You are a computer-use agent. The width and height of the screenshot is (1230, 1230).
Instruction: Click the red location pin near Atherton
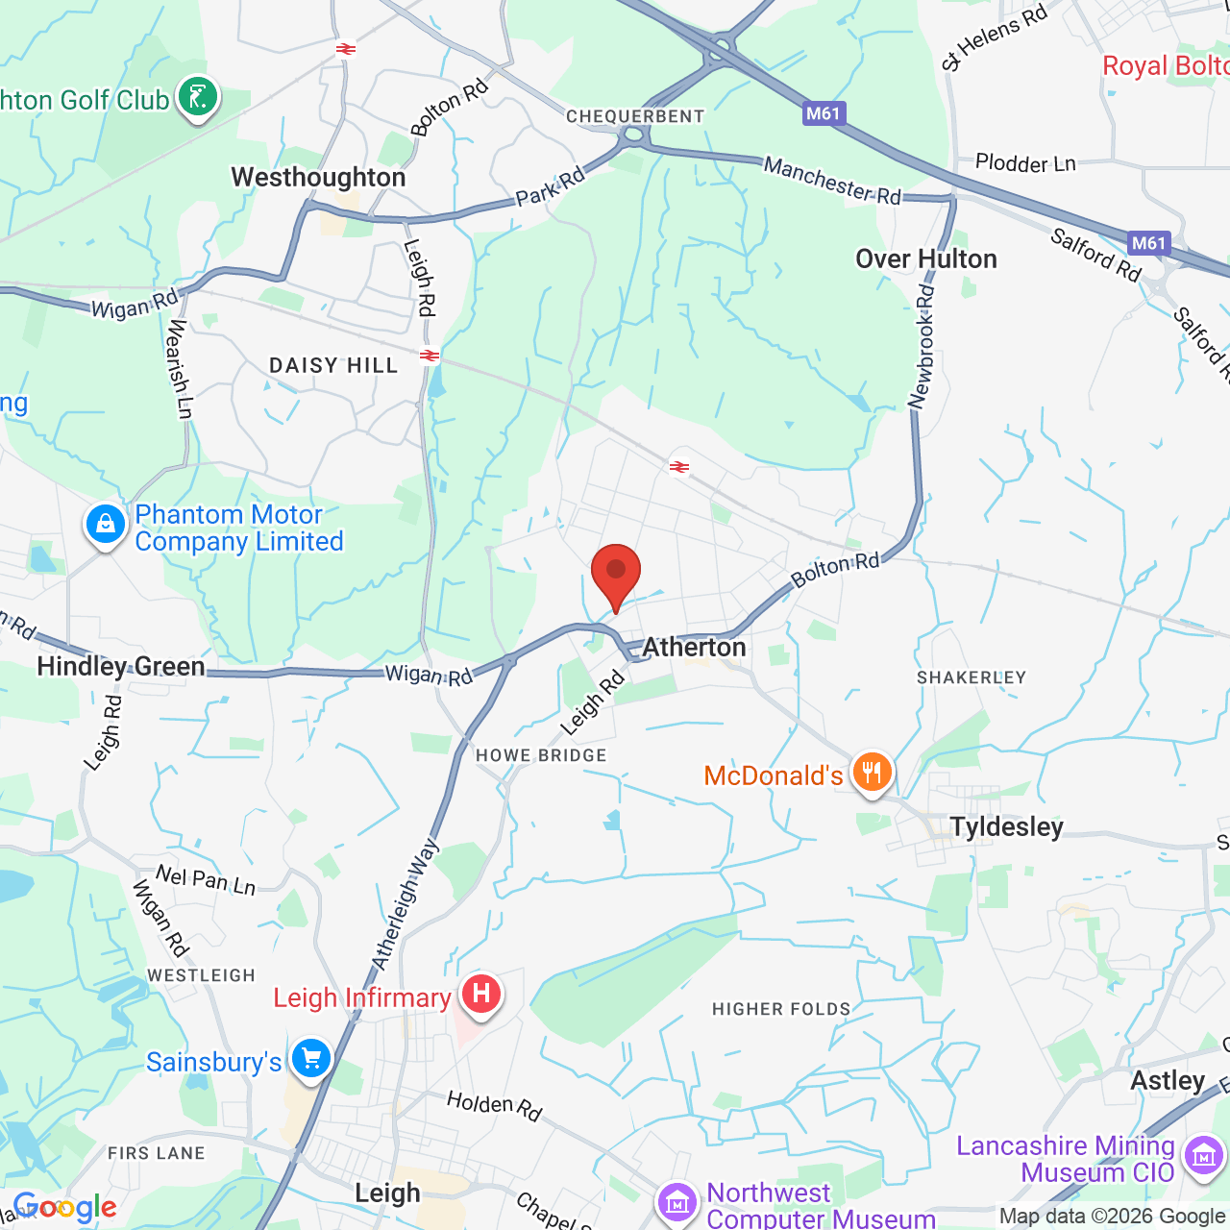(x=616, y=573)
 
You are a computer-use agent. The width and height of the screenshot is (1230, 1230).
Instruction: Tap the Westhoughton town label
(x=318, y=178)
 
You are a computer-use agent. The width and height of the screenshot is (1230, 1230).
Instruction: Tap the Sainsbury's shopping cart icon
(x=310, y=1060)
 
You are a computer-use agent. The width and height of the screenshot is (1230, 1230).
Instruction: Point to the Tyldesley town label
(x=1006, y=827)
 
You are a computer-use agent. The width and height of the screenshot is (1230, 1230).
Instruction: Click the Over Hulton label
(x=926, y=259)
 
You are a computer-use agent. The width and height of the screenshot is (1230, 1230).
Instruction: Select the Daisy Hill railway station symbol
(x=430, y=356)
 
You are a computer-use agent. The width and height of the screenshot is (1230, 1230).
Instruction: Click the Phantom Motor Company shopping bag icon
(x=106, y=525)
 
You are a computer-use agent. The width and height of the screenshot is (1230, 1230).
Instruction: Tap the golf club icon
(x=198, y=98)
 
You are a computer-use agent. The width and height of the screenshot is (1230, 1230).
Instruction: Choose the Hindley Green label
(x=121, y=667)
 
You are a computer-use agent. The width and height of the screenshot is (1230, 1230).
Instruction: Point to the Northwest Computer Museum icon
(x=677, y=1202)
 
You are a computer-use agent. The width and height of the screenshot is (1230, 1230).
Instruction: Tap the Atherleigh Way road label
(x=406, y=904)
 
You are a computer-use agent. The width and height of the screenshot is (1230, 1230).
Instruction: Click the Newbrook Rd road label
(x=922, y=347)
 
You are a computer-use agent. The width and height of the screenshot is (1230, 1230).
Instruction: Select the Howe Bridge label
(x=541, y=756)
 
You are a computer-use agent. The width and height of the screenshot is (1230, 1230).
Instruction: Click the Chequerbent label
(x=635, y=116)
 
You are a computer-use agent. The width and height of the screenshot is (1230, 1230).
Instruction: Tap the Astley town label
(x=1168, y=1081)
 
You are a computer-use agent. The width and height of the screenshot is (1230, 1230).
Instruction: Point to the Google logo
(x=65, y=1207)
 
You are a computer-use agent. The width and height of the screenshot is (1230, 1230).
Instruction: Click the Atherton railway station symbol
(x=679, y=467)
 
